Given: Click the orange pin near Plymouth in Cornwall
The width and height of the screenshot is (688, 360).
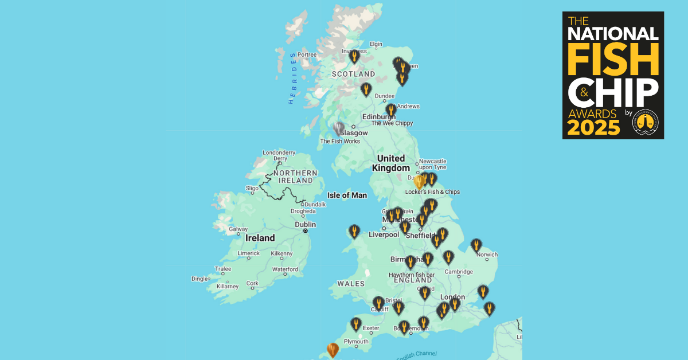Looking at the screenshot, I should click(x=333, y=349).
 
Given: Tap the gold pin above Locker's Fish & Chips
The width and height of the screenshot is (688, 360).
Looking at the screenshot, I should click(x=419, y=182).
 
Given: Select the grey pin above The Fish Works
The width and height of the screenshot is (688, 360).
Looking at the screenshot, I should click(x=339, y=128).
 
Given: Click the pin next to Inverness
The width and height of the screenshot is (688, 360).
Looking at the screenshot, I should click(x=354, y=56).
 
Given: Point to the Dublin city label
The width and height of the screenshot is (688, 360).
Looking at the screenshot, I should click(x=306, y=225).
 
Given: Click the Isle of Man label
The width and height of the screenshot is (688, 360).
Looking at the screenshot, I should click(x=346, y=195).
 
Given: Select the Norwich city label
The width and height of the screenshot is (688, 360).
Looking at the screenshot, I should click(x=487, y=255).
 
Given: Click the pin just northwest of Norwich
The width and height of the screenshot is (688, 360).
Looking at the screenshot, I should click(x=476, y=245).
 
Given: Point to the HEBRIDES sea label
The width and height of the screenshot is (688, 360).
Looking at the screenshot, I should click(x=292, y=78).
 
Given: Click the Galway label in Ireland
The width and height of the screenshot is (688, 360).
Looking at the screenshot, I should click(x=238, y=229).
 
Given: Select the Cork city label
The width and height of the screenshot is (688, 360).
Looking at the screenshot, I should click(x=252, y=283).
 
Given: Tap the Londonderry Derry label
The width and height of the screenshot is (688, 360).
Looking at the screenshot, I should click(x=279, y=155).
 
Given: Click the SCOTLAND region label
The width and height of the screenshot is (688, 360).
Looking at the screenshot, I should click(x=354, y=74).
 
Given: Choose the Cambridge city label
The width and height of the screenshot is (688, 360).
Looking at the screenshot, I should click(x=460, y=272).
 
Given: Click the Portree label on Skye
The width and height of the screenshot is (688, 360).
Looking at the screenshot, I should click(x=307, y=55).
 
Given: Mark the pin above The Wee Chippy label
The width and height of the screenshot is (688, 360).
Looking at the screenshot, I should click(x=391, y=109).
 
